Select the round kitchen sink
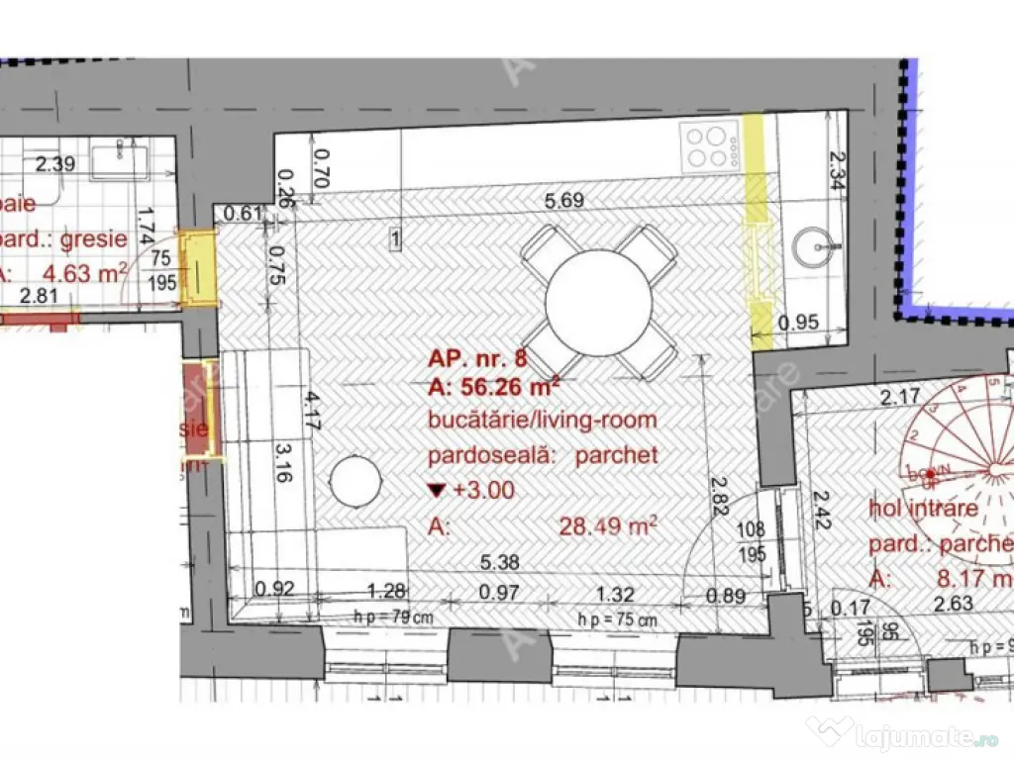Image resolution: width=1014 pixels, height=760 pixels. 819,240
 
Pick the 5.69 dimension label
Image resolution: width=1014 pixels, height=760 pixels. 564,202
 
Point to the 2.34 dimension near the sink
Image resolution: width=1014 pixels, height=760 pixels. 834,171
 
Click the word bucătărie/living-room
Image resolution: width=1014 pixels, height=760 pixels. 543,420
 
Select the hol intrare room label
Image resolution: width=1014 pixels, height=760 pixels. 923,510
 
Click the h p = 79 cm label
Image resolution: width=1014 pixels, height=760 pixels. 393,617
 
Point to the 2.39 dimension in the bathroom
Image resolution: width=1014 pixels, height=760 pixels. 55,164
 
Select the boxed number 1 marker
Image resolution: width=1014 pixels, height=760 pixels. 394,238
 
